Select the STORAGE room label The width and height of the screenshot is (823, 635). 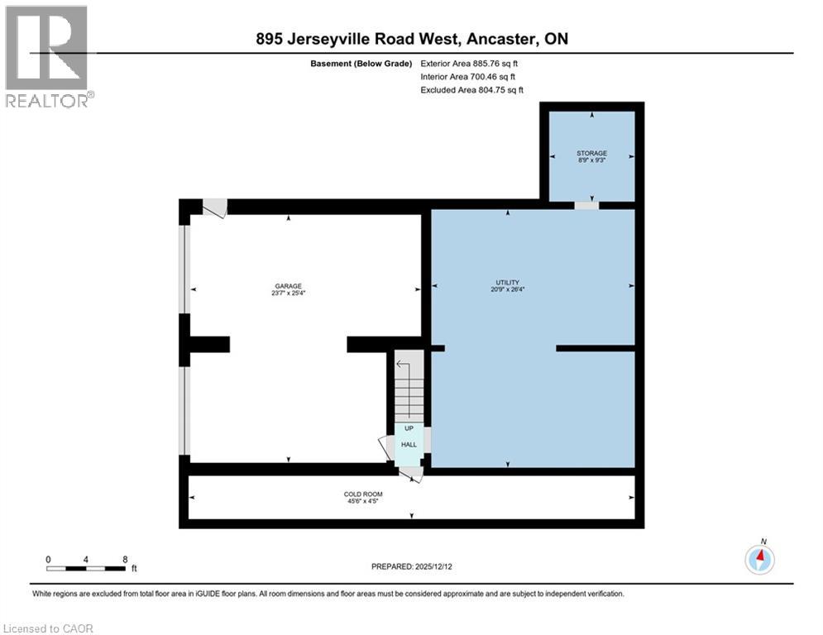coord(591,153)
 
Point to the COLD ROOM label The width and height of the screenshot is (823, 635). coord(363,494)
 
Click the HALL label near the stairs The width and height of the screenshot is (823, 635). coord(409,445)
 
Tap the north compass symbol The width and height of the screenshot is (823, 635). coord(759,559)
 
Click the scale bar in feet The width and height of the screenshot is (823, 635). coord(86,568)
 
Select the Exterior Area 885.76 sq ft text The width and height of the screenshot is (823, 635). coord(469,63)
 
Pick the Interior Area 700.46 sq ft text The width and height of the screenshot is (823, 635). coord(467,76)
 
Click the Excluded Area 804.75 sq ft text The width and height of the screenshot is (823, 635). coord(471,89)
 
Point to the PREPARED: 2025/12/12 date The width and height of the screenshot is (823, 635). coord(412,566)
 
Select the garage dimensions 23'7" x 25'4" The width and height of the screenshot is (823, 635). coord(289,291)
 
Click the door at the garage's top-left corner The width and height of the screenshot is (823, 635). coord(215,208)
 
